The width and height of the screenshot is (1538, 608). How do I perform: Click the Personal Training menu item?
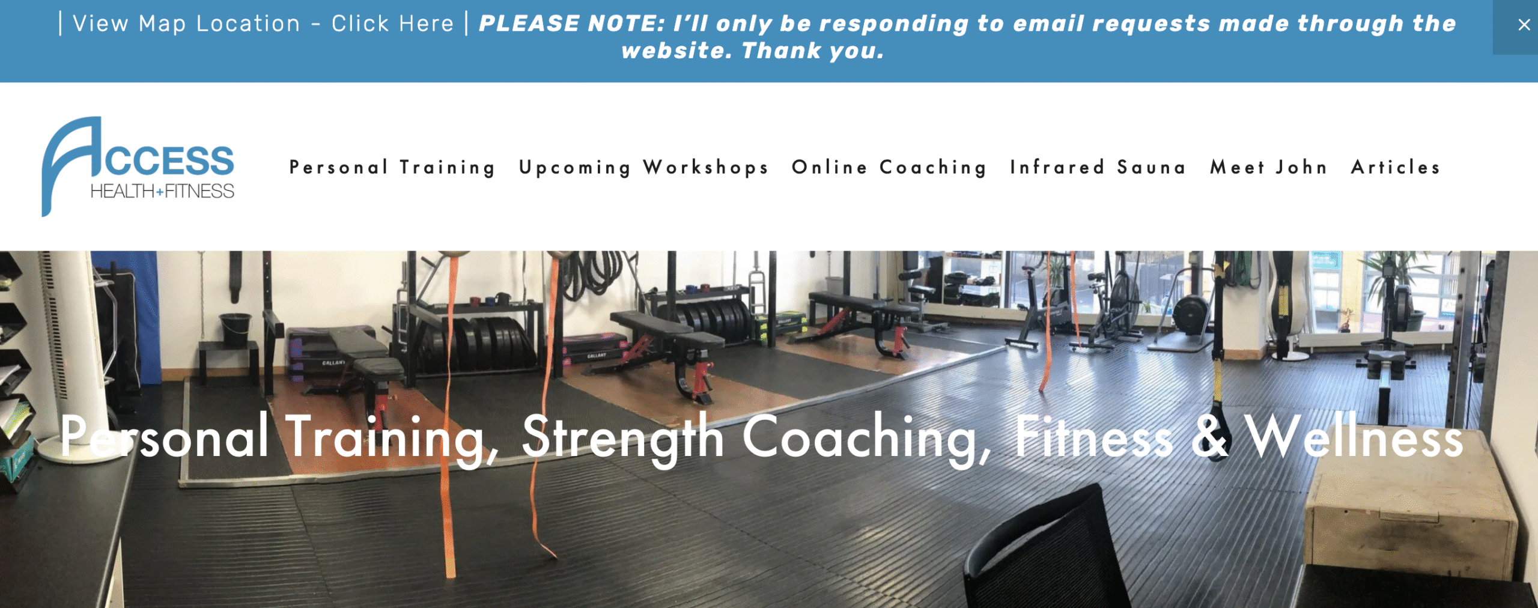pyautogui.click(x=392, y=168)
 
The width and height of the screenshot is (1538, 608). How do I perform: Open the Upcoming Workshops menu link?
pyautogui.click(x=644, y=168)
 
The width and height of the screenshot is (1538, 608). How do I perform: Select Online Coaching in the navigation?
pyautogui.click(x=889, y=168)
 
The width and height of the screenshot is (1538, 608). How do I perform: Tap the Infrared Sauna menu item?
pyautogui.click(x=1098, y=167)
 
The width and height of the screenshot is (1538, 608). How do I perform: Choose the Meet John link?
pyautogui.click(x=1268, y=167)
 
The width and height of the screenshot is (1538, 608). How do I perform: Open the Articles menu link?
pyautogui.click(x=1396, y=167)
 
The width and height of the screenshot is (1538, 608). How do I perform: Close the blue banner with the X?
pyautogui.click(x=1524, y=25)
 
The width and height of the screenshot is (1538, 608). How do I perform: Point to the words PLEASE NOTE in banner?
pyautogui.click(x=571, y=24)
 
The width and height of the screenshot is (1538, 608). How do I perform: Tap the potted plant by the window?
pyautogui.click(x=1400, y=288)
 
